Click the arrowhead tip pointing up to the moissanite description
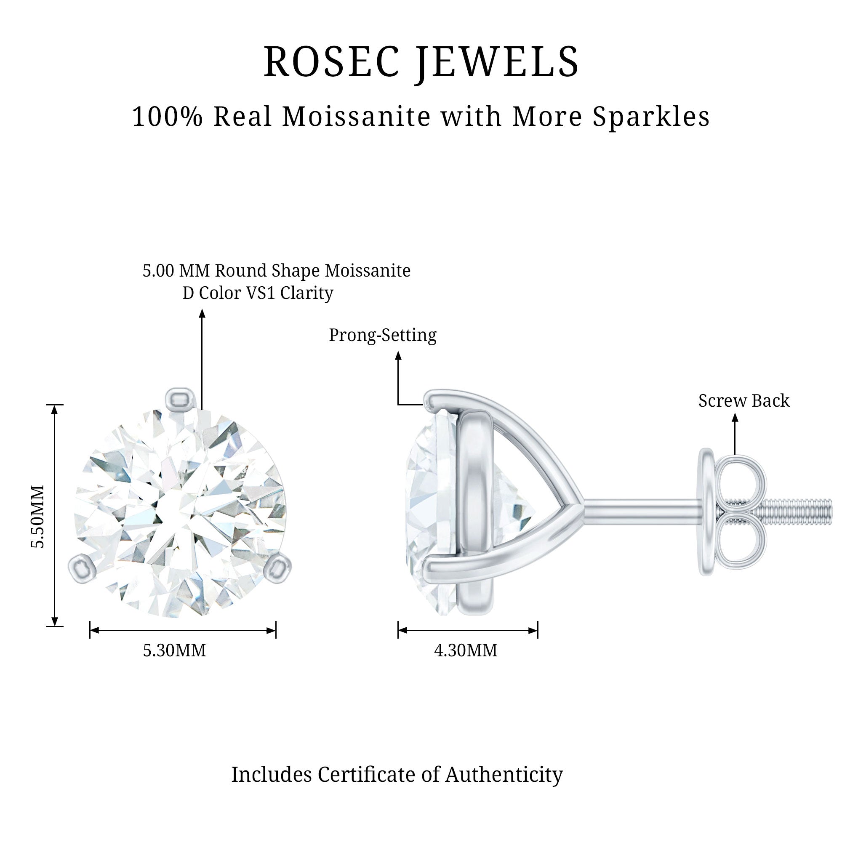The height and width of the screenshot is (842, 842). click(x=202, y=309)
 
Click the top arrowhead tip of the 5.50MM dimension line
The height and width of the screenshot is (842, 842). click(x=55, y=405)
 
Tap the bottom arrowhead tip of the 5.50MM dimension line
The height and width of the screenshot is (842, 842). click(x=55, y=626)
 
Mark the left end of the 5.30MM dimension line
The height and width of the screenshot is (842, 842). click(x=90, y=630)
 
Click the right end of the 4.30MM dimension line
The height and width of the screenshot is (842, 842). click(x=538, y=630)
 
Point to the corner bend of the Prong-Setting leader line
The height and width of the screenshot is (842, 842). click(x=398, y=405)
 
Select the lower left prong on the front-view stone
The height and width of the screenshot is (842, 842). click(x=81, y=568)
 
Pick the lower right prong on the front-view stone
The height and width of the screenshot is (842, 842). click(x=278, y=568)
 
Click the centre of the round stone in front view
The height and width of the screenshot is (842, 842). click(x=181, y=512)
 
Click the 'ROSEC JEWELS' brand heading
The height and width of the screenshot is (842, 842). click(x=421, y=61)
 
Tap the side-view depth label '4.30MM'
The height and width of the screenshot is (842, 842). click(x=466, y=650)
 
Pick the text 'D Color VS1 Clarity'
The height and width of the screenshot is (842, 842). click(x=258, y=293)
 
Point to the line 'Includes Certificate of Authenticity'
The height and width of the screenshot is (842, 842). click(x=397, y=775)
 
